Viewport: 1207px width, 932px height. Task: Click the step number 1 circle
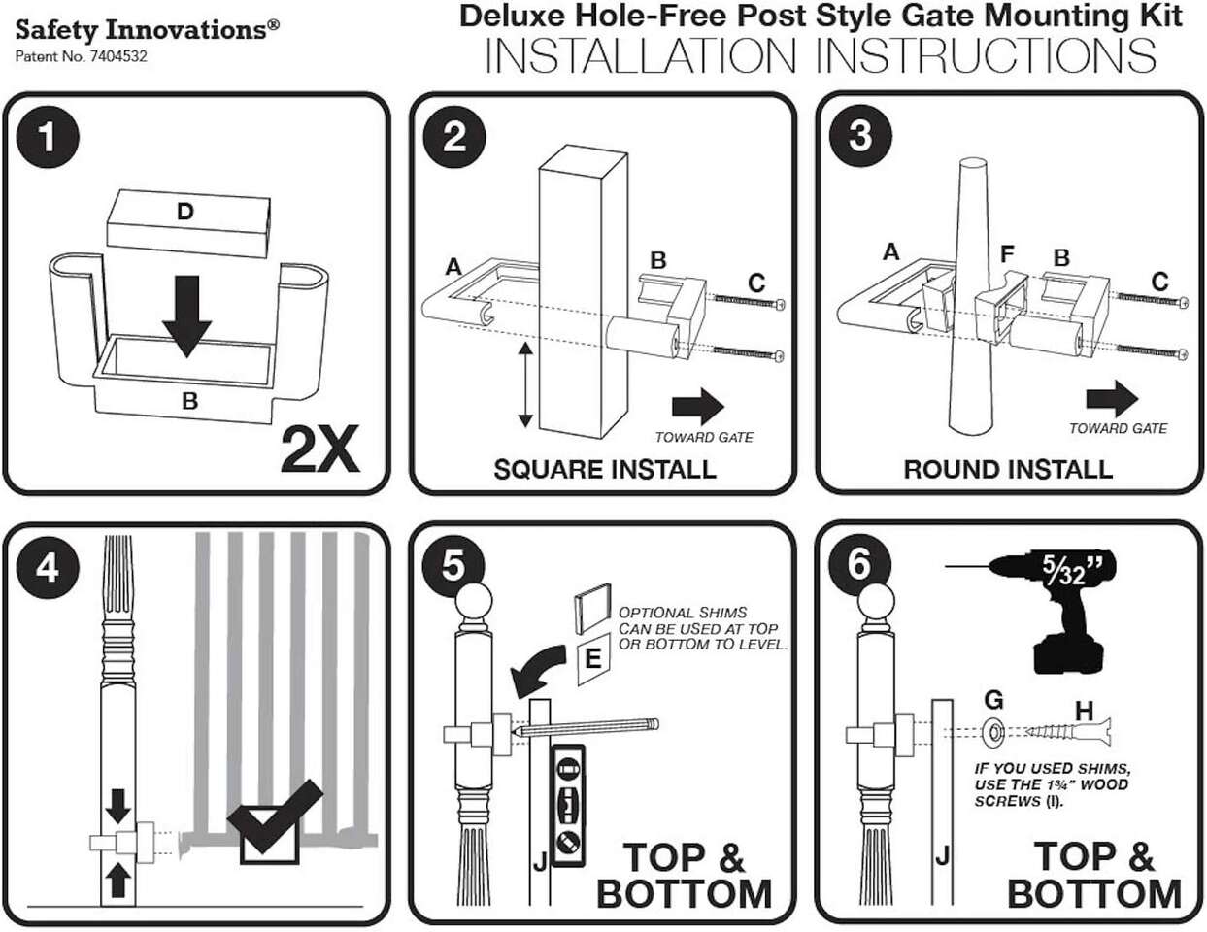pyautogui.click(x=45, y=137)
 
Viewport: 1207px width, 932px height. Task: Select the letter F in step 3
pyautogui.click(x=1008, y=255)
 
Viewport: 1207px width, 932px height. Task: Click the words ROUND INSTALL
pyautogui.click(x=1008, y=470)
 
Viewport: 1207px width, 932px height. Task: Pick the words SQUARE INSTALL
pyautogui.click(x=604, y=470)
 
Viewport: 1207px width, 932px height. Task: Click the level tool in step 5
pyautogui.click(x=568, y=805)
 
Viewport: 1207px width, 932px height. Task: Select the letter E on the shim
pyautogui.click(x=593, y=660)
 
